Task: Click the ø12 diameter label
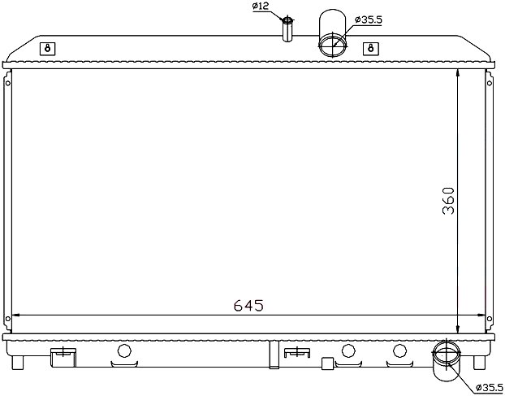tap(261, 7)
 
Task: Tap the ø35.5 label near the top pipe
tap(369, 20)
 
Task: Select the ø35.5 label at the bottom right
tap(489, 386)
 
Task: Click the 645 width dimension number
tap(248, 306)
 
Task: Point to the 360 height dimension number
tap(448, 201)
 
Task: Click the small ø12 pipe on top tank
tap(287, 29)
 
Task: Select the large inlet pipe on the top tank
tap(333, 33)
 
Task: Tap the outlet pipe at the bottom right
tap(447, 361)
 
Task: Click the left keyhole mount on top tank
tap(48, 49)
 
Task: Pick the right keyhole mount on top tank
tap(371, 49)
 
